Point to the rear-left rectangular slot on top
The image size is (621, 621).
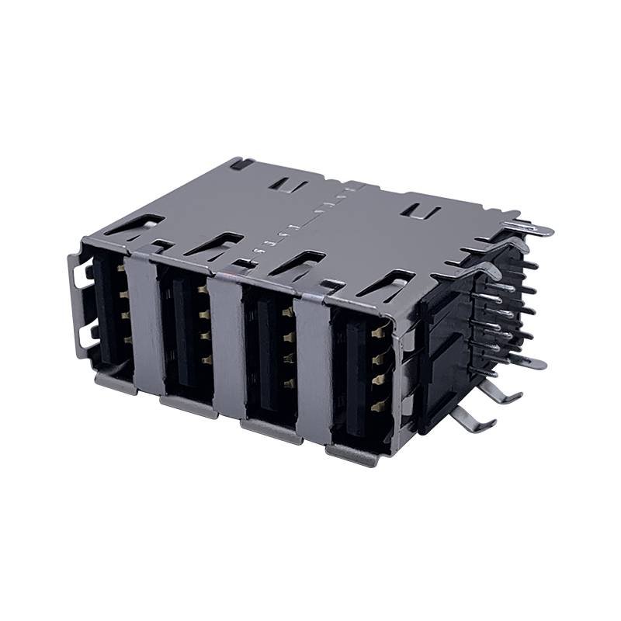point(289,185)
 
